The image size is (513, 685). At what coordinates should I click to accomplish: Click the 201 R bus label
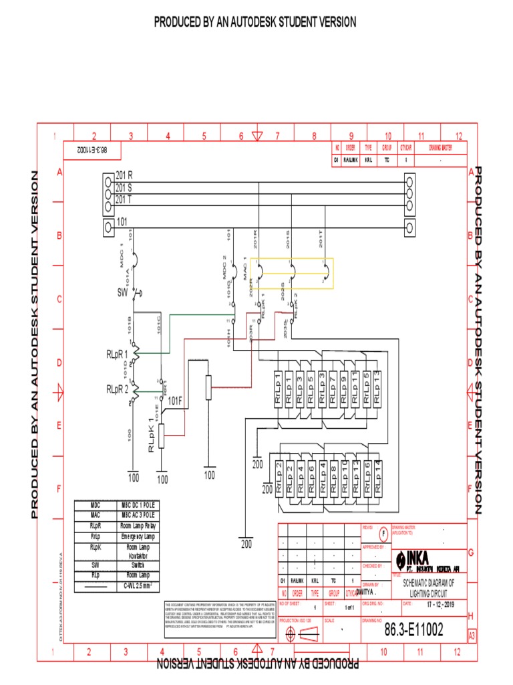click(x=124, y=175)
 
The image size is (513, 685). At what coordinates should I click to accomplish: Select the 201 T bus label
click(x=124, y=199)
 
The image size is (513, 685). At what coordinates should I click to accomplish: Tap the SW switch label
click(x=122, y=292)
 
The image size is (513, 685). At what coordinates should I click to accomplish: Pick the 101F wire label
click(x=175, y=401)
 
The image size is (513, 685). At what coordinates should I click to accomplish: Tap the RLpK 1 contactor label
click(x=152, y=435)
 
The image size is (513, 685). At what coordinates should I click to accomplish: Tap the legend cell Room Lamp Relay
click(x=138, y=526)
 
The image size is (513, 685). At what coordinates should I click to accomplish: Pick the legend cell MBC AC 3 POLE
click(x=138, y=516)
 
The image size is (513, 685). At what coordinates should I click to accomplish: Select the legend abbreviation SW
click(x=96, y=565)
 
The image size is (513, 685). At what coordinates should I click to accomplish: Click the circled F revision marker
click(x=383, y=534)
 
